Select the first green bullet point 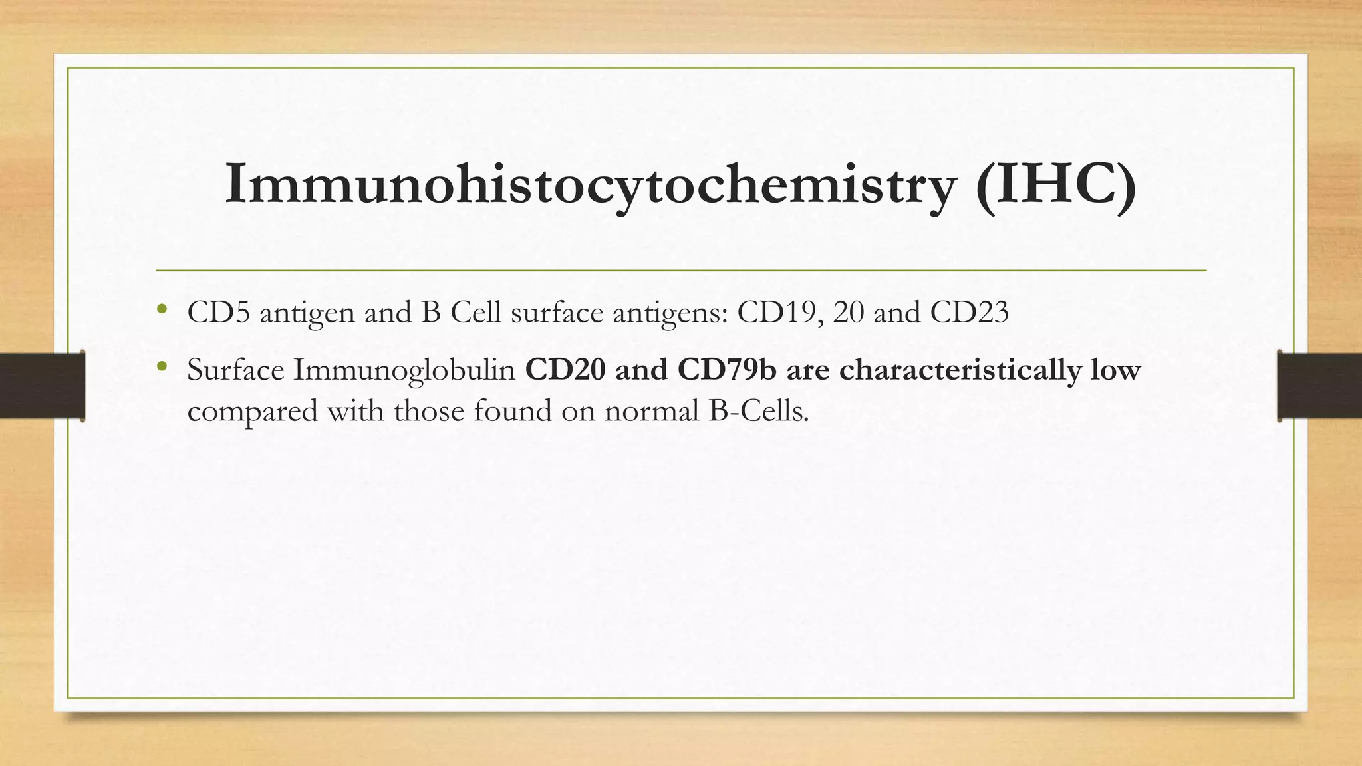[x=161, y=309]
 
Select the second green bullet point [x=161, y=366]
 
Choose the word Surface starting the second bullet [x=235, y=370]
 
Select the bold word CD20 [x=565, y=370]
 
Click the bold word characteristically [x=960, y=371]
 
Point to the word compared [x=253, y=412]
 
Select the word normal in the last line [x=651, y=411]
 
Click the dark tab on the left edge [x=42, y=386]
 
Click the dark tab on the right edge [x=1319, y=386]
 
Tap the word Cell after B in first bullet [x=475, y=312]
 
